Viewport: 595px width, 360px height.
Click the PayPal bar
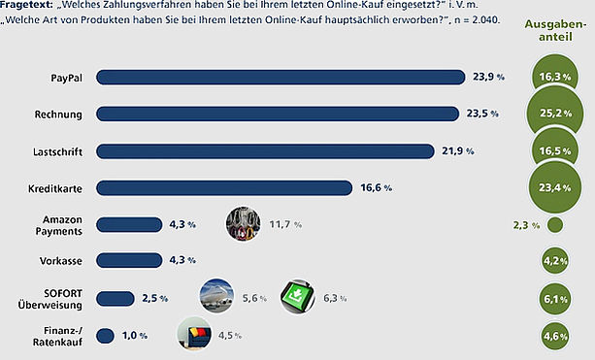(x=281, y=78)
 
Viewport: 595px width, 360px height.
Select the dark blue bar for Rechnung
(x=278, y=115)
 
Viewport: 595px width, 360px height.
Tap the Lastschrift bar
(x=265, y=151)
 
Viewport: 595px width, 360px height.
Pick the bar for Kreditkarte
(x=224, y=188)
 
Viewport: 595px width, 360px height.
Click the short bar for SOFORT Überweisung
(x=115, y=299)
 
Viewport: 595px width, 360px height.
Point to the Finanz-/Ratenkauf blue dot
(x=105, y=336)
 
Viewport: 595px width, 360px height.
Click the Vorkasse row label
(x=61, y=261)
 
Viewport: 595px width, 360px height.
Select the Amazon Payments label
(x=59, y=225)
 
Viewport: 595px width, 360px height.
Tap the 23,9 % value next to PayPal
(x=489, y=77)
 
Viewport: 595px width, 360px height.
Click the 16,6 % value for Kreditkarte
(x=376, y=188)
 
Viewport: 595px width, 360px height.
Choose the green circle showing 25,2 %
(x=555, y=113)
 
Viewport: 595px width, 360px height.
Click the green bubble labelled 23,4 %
(x=555, y=187)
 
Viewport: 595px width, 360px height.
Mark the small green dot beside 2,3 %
(x=555, y=225)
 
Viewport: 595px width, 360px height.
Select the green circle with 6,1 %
(x=555, y=299)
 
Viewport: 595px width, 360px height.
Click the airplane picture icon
(x=216, y=296)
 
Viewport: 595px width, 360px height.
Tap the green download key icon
(x=297, y=297)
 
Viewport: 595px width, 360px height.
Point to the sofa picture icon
(x=194, y=334)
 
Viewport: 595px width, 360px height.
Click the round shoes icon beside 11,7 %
(x=244, y=224)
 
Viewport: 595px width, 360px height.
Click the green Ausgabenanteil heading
(x=555, y=30)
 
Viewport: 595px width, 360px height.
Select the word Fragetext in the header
(x=26, y=5)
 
